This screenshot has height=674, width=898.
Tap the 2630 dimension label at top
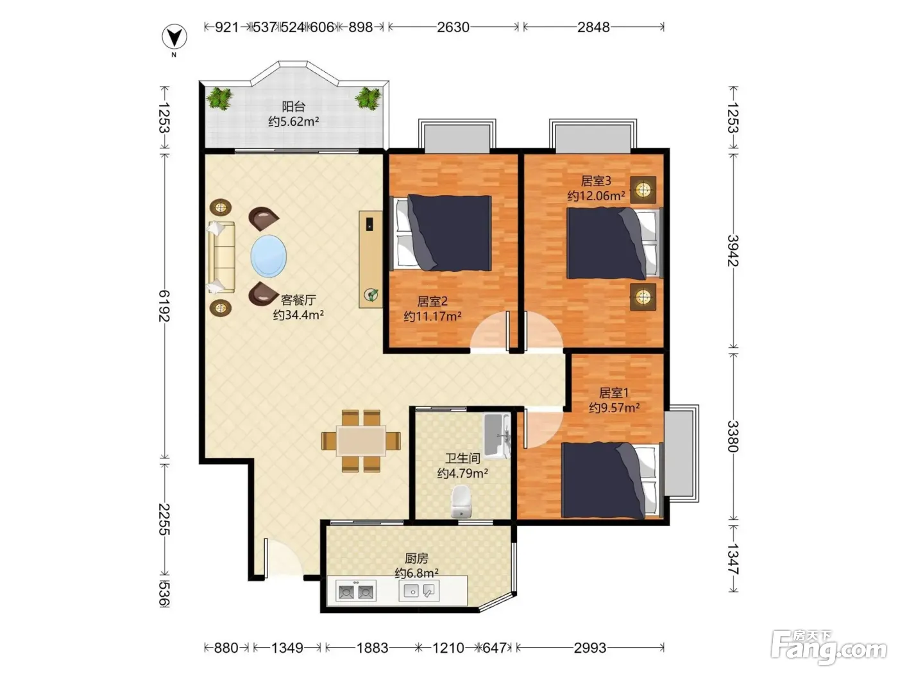(x=453, y=28)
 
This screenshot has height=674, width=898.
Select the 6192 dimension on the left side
(x=164, y=306)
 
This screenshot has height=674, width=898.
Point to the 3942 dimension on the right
(x=733, y=251)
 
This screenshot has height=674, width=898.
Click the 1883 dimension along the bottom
(x=372, y=648)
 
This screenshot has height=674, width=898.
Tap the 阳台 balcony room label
(x=294, y=107)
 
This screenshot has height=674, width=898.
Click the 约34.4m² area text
(x=298, y=315)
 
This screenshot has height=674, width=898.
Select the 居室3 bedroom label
(x=596, y=180)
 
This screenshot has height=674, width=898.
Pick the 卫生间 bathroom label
(x=462, y=458)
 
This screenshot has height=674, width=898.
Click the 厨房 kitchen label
(x=416, y=558)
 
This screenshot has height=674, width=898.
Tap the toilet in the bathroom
(x=461, y=501)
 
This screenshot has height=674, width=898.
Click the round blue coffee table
(x=268, y=256)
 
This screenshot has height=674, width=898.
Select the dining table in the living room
(x=361, y=441)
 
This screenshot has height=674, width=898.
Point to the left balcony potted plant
(x=220, y=99)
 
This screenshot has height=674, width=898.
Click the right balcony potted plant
(x=368, y=99)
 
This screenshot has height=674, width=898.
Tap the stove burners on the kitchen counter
(x=355, y=592)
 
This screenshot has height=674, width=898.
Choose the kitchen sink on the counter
(x=419, y=591)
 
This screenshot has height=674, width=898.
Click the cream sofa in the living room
(x=221, y=257)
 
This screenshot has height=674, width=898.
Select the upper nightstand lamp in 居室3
(x=643, y=189)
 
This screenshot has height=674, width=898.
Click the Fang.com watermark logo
(x=829, y=648)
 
